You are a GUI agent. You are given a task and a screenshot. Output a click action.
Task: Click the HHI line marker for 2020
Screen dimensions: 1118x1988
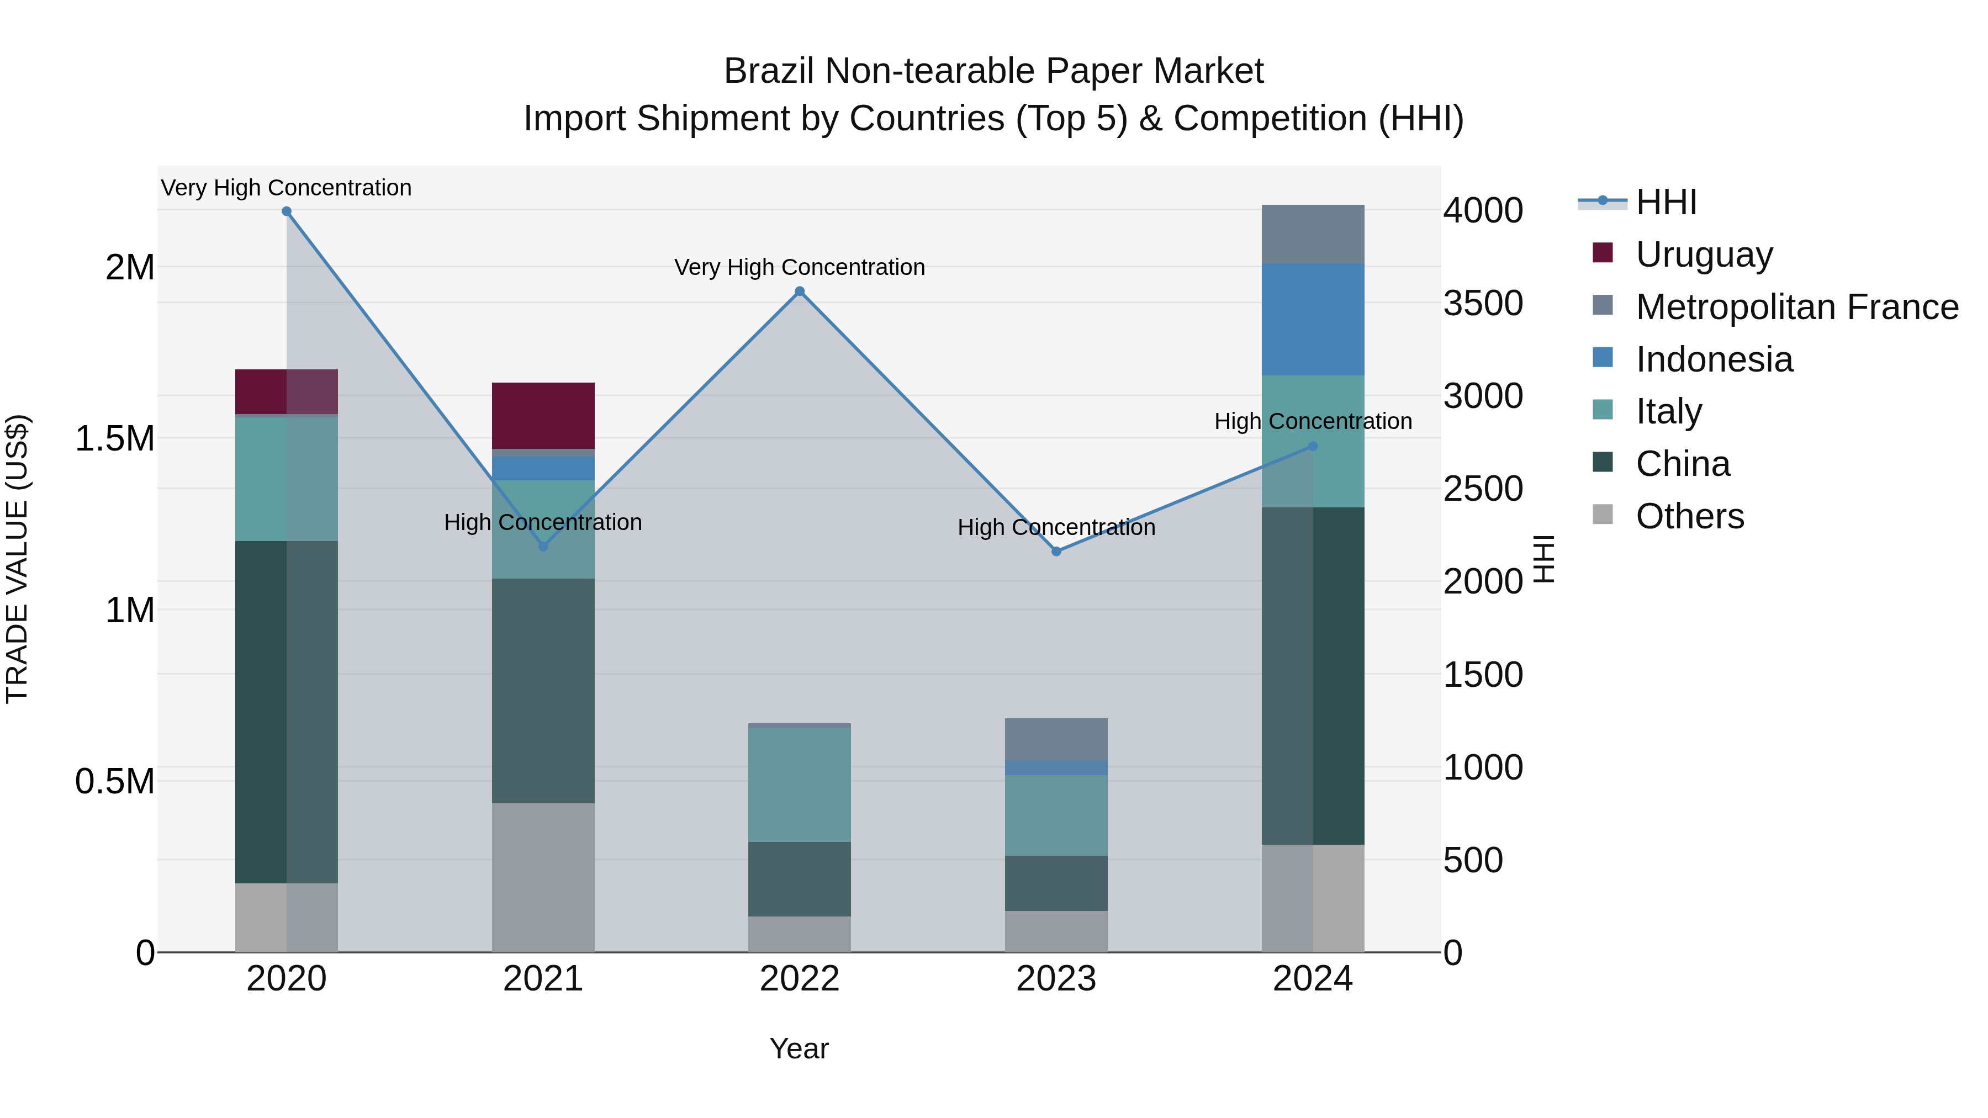click(x=286, y=211)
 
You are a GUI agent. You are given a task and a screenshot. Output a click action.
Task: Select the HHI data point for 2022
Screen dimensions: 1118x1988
click(x=800, y=292)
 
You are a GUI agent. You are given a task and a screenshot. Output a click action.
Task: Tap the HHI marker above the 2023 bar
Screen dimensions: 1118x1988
click(x=1056, y=552)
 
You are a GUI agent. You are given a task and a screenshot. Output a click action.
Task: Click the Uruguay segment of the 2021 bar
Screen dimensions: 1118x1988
click(x=543, y=415)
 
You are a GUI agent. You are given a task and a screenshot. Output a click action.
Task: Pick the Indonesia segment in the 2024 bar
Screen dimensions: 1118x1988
click(x=1313, y=320)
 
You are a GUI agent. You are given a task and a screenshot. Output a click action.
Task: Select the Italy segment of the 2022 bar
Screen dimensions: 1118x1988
click(x=800, y=784)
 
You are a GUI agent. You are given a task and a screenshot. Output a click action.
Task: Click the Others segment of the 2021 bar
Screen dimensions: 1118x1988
click(x=543, y=877)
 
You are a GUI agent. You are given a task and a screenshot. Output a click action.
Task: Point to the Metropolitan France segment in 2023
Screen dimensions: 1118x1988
click(x=1056, y=739)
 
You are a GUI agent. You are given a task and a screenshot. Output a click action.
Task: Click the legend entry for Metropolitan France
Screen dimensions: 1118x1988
click(x=1796, y=307)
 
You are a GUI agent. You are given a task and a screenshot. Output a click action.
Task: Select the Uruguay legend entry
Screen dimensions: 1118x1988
click(x=1704, y=255)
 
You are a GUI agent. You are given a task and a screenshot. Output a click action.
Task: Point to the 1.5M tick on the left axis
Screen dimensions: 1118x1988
click(x=115, y=438)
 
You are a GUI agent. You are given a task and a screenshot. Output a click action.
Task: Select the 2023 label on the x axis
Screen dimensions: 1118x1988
click(x=1056, y=979)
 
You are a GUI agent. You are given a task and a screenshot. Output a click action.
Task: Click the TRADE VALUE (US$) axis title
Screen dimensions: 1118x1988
click(x=17, y=559)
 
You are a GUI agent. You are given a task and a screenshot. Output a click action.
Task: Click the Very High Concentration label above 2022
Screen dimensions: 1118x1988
click(x=800, y=267)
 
